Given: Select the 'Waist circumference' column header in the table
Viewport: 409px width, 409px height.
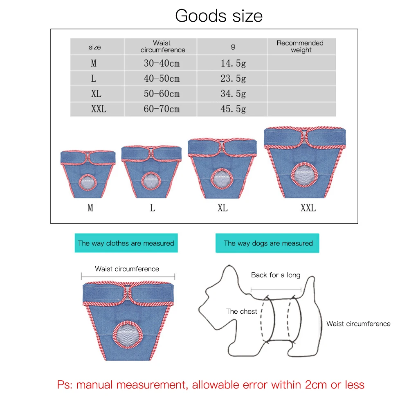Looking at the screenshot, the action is [163, 47].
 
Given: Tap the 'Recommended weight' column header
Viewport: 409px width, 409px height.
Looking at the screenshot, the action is [300, 47].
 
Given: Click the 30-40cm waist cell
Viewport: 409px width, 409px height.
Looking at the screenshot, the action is [162, 63].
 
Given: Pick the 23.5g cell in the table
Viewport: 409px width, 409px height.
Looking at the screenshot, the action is [233, 79].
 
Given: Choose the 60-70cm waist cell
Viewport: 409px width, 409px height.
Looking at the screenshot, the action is [162, 109].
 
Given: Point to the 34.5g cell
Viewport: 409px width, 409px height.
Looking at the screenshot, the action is [233, 94].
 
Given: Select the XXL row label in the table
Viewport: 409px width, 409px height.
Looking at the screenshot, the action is [99, 109].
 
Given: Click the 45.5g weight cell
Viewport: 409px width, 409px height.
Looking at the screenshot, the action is [233, 109].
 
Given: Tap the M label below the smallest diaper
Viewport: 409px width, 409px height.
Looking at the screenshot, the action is [90, 208].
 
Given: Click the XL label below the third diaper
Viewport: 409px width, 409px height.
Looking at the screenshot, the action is [223, 208].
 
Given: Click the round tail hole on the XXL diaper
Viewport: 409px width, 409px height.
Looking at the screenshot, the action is [304, 175].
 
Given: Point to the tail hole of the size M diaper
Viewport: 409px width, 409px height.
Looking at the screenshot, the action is [88, 182].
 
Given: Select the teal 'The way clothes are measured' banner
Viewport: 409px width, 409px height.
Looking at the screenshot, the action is [126, 243].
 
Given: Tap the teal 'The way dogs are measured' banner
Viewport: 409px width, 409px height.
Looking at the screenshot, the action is [267, 243].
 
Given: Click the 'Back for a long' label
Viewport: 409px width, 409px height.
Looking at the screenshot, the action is [275, 275].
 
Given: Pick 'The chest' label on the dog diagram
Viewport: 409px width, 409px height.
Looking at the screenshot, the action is [241, 311].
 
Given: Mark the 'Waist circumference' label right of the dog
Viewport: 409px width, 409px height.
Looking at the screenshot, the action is [358, 324].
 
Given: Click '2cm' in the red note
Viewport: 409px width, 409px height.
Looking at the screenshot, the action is [316, 385].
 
